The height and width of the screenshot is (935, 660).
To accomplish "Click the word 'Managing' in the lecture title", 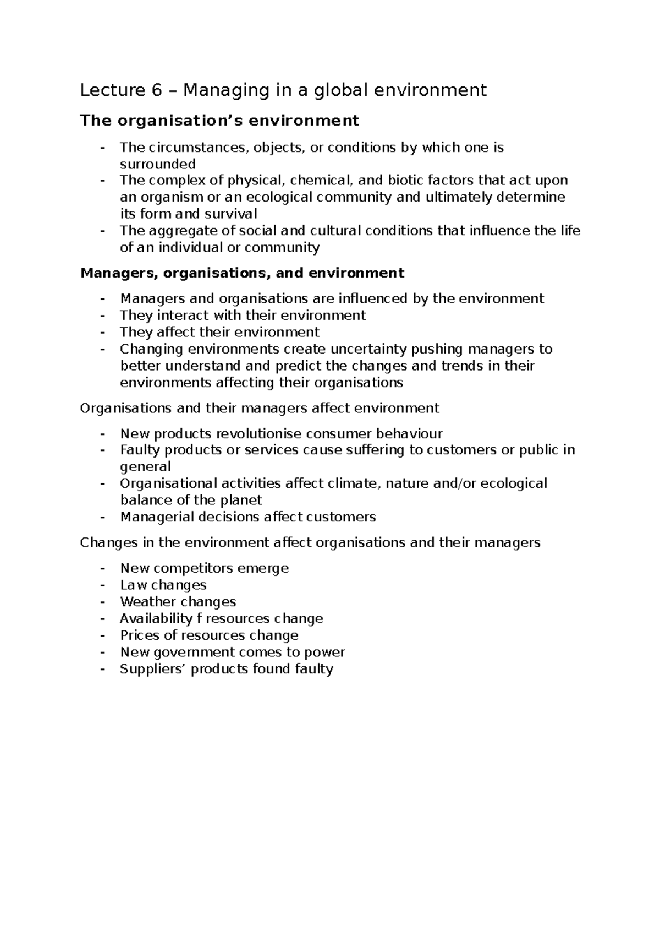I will click(x=217, y=91).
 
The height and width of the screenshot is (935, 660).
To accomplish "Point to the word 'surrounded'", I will click(x=158, y=164).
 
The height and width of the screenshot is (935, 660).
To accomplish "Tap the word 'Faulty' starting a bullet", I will click(x=140, y=450).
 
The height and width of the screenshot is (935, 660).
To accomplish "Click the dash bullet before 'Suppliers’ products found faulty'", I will click(x=102, y=669).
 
